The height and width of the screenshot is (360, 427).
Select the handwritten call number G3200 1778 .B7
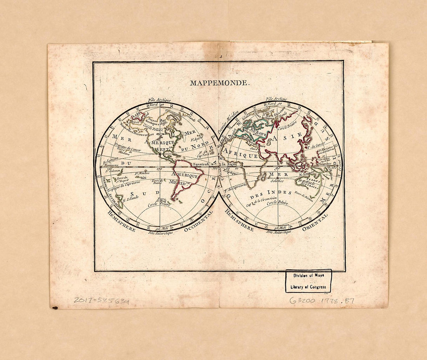[322, 301]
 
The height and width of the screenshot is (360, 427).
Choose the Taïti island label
[143, 178]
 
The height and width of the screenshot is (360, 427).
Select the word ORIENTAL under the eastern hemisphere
[315, 222]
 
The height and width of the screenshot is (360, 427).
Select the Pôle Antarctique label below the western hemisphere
[160, 233]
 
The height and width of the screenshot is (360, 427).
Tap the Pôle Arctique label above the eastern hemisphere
[277, 100]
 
